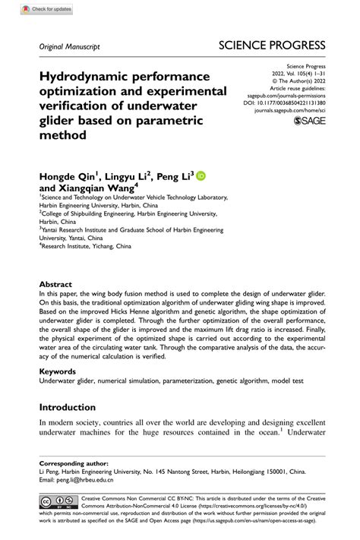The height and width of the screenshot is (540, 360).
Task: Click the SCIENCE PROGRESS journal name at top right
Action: [x=272, y=45]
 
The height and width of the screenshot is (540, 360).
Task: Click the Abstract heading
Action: [x=57, y=285]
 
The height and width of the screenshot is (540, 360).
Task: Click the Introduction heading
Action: [x=68, y=407]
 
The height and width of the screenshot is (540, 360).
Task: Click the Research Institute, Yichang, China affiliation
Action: [x=91, y=246]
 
